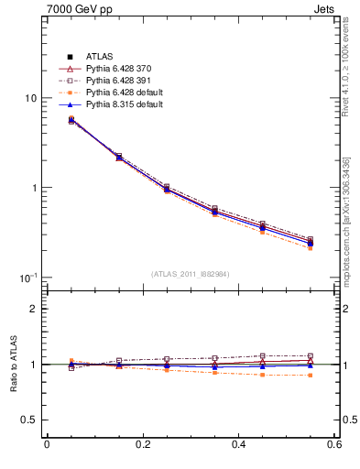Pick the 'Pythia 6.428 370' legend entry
(x=117, y=69)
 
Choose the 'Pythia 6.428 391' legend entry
(x=117, y=81)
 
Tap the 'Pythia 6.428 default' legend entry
(x=124, y=93)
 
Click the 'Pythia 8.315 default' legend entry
(x=124, y=104)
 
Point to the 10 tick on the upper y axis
(x=31, y=99)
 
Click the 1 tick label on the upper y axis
(x=34, y=188)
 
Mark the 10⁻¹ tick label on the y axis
(x=29, y=277)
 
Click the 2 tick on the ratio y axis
(x=34, y=309)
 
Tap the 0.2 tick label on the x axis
(x=142, y=444)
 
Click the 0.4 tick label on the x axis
(x=238, y=444)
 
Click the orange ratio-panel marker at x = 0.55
(x=311, y=375)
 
